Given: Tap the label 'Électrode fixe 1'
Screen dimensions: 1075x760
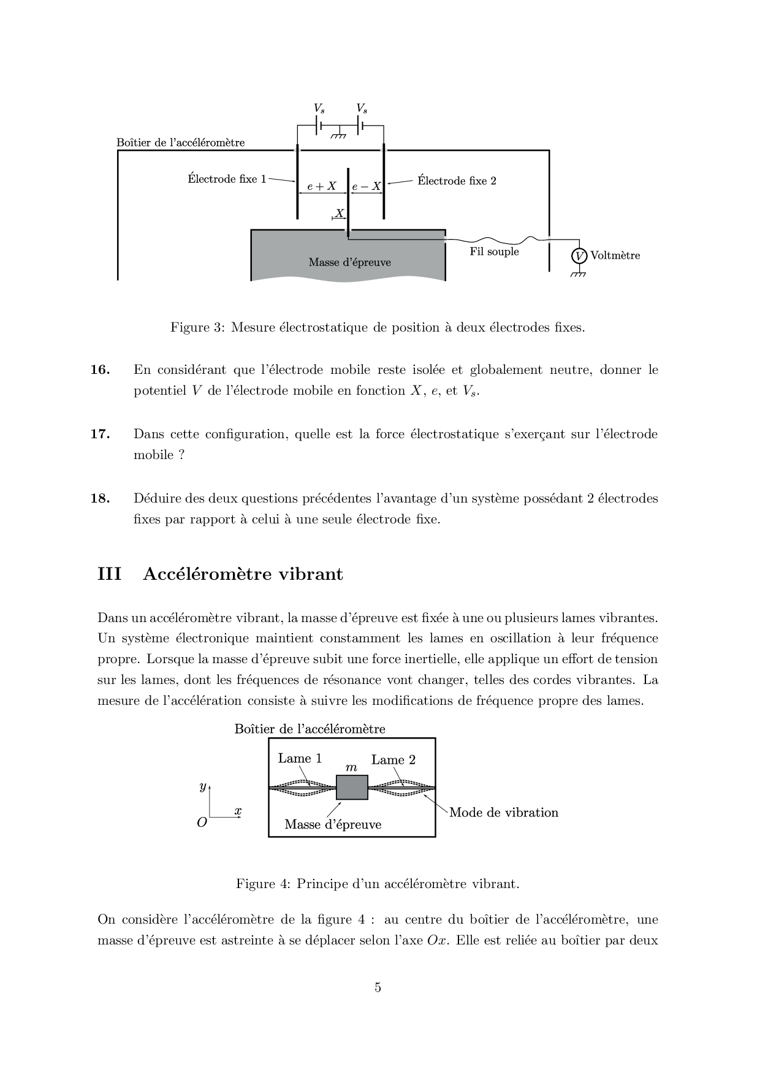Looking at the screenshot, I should [227, 179].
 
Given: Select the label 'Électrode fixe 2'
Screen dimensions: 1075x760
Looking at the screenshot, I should [457, 181].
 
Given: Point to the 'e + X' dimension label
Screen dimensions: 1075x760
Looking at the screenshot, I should [322, 186].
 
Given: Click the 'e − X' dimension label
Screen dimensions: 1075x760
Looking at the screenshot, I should [367, 186].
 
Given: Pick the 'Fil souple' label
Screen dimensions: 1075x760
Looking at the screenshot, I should [494, 251].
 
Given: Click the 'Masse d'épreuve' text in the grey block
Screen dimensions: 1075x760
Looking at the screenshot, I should [349, 262].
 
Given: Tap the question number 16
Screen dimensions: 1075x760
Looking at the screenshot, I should [100, 370].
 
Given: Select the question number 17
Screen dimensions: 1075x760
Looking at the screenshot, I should [100, 434].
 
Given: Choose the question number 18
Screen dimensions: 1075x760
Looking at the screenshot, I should [100, 498].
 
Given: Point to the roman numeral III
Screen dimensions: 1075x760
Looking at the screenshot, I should [109, 574].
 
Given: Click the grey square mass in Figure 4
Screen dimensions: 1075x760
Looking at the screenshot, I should [352, 788].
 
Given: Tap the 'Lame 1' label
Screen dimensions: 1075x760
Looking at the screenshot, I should [300, 758].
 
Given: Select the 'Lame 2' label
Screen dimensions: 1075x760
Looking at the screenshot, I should [393, 760].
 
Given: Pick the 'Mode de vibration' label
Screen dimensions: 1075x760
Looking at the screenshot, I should [504, 813].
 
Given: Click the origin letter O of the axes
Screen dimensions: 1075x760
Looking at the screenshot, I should [202, 823].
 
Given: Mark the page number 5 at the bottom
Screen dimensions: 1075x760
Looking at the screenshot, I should [378, 987].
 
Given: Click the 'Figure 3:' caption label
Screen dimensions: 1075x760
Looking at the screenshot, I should [198, 327].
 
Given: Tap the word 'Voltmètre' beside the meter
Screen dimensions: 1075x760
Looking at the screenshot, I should [615, 256].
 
